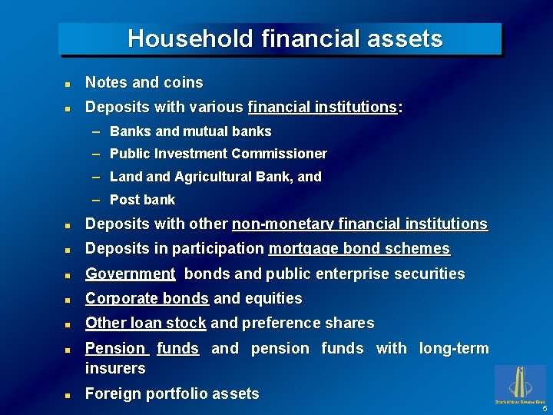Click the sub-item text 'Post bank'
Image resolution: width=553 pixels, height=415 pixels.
[x=142, y=200]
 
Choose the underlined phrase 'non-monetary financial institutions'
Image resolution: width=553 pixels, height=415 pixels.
[x=359, y=224]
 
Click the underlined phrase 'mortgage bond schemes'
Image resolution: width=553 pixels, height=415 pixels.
[x=359, y=249]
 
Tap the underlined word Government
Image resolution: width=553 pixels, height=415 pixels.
[x=130, y=274]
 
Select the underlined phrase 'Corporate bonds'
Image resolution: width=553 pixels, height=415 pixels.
[x=147, y=298]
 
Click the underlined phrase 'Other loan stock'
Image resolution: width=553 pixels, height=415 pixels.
[x=145, y=323]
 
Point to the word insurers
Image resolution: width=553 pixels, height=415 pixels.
[x=115, y=368]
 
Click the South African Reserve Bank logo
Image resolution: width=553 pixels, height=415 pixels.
[x=519, y=383]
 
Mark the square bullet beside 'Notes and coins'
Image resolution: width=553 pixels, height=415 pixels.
[x=68, y=83]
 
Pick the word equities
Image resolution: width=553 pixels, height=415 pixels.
[x=273, y=298]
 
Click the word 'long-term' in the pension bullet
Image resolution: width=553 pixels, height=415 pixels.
[x=453, y=348]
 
